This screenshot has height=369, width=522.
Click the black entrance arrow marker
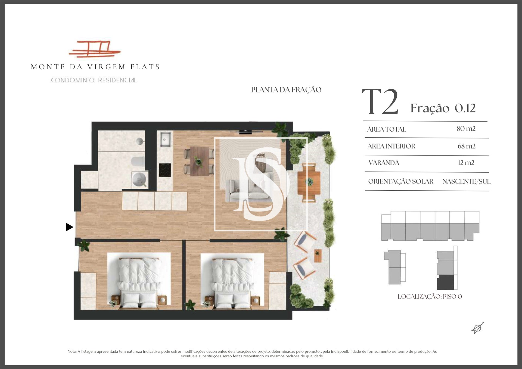[69, 227]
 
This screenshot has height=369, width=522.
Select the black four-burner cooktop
[165, 170]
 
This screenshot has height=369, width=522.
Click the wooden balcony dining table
[309, 181]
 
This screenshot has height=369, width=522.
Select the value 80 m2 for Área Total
[466, 129]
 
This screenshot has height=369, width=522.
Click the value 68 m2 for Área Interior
[467, 146]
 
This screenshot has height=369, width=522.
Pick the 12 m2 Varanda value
[466, 163]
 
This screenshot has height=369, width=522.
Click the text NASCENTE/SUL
[467, 181]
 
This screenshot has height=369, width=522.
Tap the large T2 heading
[380, 102]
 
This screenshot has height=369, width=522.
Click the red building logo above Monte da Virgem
[95, 49]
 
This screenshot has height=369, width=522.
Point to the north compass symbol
[478, 328]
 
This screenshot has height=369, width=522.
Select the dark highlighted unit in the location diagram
[445, 282]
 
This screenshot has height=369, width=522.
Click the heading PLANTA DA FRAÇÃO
[286, 90]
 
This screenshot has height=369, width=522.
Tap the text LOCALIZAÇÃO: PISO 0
[430, 297]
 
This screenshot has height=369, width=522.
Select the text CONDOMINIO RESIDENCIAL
[94, 80]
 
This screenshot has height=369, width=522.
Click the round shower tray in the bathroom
[139, 179]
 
